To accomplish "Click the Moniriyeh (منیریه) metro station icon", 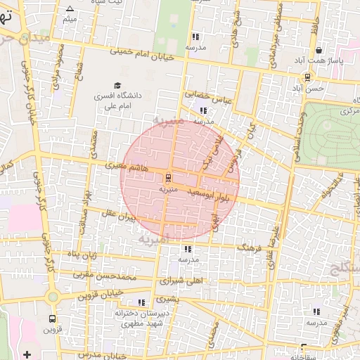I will pos(168,177).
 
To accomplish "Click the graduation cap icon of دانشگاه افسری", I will pos(117,86).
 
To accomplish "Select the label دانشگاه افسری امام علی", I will pos(117,100).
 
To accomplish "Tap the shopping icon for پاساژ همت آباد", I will pos(319,51).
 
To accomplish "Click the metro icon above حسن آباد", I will pos(308,77).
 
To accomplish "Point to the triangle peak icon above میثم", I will pos(69,9).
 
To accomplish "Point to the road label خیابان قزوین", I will pos(103,293).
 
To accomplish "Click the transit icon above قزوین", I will pos(51,318).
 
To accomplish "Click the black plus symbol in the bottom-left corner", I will pos(27,353).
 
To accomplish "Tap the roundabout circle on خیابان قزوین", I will pos(53,297).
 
